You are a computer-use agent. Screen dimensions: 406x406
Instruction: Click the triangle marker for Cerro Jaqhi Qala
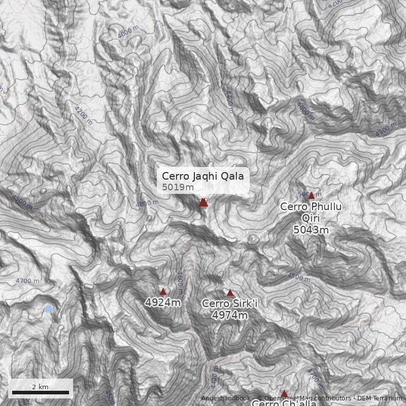[203, 202]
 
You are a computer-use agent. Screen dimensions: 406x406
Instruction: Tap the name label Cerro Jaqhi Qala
[203, 176]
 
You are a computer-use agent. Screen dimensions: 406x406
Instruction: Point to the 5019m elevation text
[178, 187]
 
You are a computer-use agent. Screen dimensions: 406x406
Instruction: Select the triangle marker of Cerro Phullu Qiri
[311, 195]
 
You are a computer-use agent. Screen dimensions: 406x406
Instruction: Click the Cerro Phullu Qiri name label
[311, 212]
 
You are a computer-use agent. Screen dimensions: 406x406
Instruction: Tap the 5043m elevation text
[311, 230]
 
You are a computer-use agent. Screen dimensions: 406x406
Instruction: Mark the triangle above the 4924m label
[163, 291]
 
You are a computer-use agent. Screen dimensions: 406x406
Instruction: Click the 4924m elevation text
[163, 303]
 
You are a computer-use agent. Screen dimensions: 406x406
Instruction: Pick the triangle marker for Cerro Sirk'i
[230, 292]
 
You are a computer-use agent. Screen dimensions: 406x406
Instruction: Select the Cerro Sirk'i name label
[230, 303]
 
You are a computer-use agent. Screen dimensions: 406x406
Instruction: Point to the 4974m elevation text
[230, 315]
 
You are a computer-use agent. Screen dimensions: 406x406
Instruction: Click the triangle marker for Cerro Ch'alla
[284, 393]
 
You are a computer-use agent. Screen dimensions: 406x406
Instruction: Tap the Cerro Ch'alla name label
[284, 403]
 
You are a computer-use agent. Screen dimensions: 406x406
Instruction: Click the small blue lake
[48, 309]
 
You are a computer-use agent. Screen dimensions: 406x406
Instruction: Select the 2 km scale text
[40, 387]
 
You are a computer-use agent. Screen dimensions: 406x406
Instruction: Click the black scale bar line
[40, 392]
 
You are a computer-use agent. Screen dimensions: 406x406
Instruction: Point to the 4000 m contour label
[127, 32]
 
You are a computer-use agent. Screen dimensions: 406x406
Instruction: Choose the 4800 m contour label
[147, 204]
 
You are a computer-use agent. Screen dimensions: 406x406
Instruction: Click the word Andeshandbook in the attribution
[225, 398]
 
